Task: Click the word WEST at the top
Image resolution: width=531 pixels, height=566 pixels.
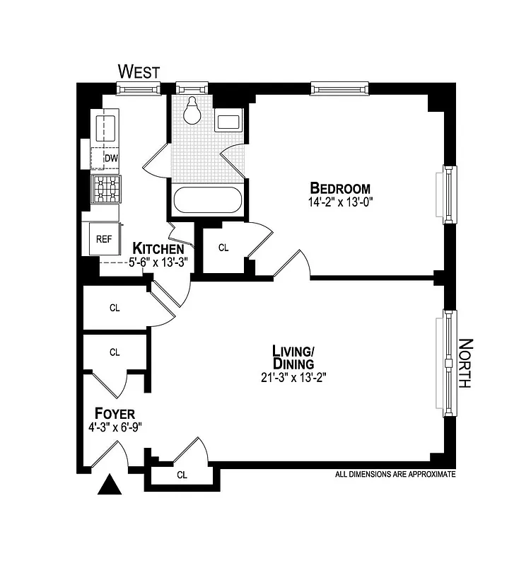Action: pos(139,71)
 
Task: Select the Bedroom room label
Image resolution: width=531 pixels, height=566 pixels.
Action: pos(340,188)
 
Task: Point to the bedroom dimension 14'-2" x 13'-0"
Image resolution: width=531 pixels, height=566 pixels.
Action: pos(341,202)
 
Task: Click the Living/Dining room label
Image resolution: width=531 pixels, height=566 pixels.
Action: pos(293,357)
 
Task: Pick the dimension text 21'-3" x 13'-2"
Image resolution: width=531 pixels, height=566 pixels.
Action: pos(293,377)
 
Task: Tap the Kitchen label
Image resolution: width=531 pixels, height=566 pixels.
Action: pos(159,249)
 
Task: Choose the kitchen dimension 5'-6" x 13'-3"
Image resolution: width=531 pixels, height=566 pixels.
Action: pos(158,262)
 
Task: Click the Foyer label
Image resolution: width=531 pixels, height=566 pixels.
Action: pos(115,414)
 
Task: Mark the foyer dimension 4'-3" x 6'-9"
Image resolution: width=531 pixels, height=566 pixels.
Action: pos(114,427)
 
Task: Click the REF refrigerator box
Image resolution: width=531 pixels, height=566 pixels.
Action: pos(104,238)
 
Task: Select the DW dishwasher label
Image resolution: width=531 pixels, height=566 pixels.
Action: pos(111,158)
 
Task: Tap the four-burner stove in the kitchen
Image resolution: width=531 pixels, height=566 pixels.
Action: pos(106,188)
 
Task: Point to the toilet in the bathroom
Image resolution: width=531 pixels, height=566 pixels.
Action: pos(191,110)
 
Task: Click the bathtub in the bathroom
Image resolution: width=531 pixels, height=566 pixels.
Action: pos(209,200)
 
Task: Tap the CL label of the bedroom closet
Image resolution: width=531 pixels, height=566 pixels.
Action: pos(223,248)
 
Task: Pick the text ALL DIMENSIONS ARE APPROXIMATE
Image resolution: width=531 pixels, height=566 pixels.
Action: pos(395,475)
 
